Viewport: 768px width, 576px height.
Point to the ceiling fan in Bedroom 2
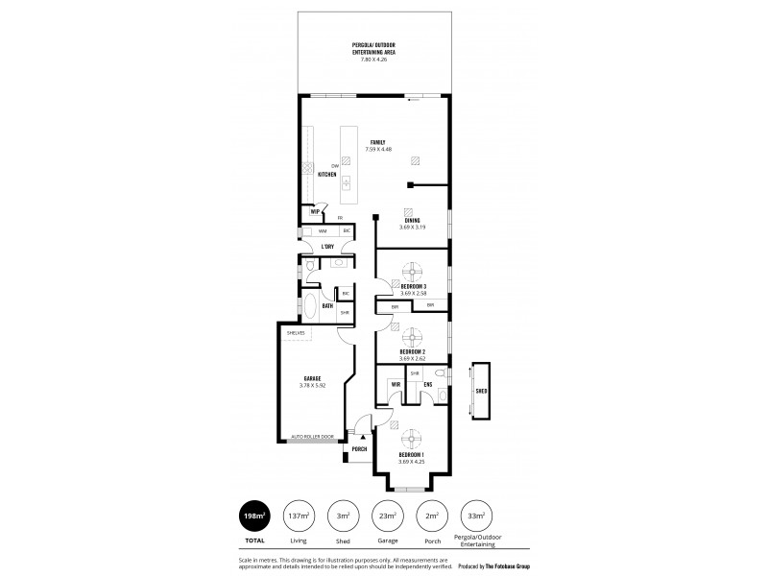coord(412,337)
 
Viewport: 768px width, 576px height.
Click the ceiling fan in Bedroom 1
coord(412,435)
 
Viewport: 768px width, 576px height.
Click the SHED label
coord(480,392)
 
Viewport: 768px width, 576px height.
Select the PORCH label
coord(360,448)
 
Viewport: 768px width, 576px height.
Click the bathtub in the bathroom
coord(312,307)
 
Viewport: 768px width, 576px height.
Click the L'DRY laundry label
coord(326,247)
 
